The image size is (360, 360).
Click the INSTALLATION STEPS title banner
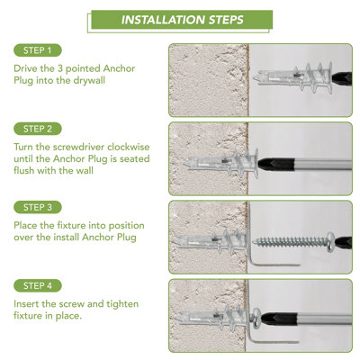tap(182, 20)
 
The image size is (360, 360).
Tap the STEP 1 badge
tap(38, 50)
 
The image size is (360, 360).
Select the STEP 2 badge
tap(38, 129)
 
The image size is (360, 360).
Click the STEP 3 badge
tap(38, 207)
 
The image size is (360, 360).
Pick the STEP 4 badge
tap(38, 286)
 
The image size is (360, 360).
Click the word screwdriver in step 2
tap(79, 148)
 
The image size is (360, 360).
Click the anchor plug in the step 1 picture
tap(292, 78)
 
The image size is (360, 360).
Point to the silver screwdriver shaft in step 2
tap(322, 165)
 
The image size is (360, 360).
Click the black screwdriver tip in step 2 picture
tap(275, 165)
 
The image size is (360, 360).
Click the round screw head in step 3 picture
tap(330, 242)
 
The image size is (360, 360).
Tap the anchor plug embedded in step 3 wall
tap(211, 241)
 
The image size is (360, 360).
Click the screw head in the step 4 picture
tap(256, 319)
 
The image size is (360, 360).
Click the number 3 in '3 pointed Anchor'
tap(59, 68)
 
